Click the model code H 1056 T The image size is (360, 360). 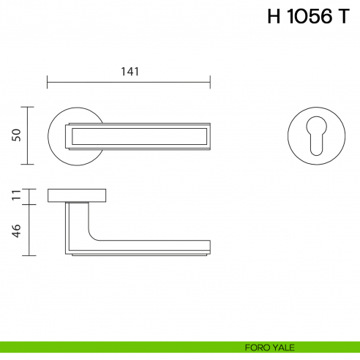308,18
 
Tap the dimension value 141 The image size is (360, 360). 129,71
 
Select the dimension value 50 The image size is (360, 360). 17,135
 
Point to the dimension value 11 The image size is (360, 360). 17,195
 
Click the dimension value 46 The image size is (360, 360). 17,229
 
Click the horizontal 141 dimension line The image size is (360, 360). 129,81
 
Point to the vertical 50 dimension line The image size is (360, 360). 28,135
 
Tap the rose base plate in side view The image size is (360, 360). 77,195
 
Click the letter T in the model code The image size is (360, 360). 343,18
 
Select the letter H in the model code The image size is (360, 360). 274,18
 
